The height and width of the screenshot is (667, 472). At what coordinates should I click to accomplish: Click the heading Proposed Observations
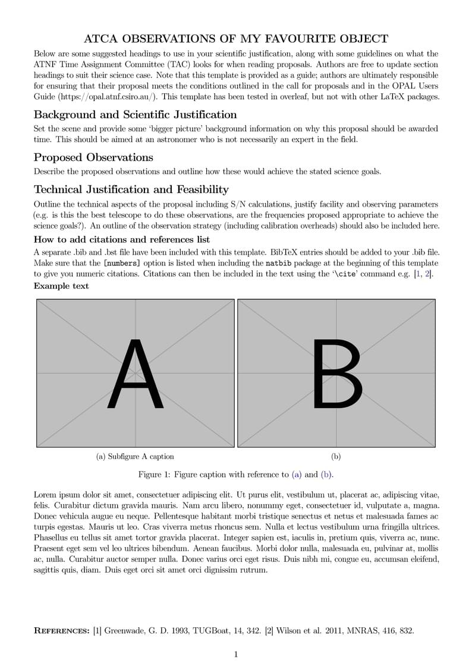click(x=93, y=157)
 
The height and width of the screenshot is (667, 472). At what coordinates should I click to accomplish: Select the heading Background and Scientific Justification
click(x=135, y=115)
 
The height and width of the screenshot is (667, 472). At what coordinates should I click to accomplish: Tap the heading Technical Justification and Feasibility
click(x=131, y=189)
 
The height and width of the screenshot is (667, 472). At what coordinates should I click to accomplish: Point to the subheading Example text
click(x=61, y=286)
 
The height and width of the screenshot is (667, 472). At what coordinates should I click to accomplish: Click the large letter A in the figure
click(x=136, y=374)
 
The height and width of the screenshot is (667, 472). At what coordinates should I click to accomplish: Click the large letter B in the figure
click(x=336, y=374)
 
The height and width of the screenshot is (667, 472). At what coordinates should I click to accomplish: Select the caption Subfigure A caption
click(x=135, y=457)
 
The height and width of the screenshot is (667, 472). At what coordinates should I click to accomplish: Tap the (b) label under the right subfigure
click(x=336, y=457)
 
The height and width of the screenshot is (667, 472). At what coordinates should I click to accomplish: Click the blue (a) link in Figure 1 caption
click(x=297, y=475)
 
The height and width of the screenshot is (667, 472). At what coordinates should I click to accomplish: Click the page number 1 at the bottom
click(x=236, y=655)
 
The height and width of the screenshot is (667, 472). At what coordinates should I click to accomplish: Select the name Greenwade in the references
click(x=127, y=631)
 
